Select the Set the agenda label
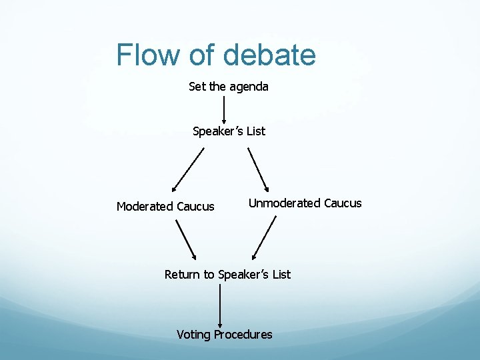229,87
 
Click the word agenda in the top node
249,87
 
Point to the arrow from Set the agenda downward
223,108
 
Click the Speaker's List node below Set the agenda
229,131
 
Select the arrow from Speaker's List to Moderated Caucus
187,169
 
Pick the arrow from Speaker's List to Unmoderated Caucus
258,169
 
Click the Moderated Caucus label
165,207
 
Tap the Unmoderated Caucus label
305,203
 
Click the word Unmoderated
285,203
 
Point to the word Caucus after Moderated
195,207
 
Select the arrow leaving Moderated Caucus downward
186,239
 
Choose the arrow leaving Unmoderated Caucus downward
264,237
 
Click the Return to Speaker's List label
227,275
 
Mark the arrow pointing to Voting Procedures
220,305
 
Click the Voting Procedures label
224,335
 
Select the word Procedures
243,335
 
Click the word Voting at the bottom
193,335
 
